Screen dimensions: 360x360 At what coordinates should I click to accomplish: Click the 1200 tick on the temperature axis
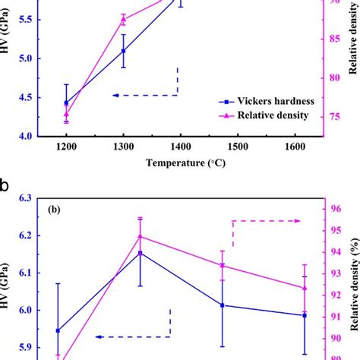click(x=66, y=147)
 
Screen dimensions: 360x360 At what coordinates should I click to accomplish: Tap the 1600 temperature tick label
click(x=295, y=147)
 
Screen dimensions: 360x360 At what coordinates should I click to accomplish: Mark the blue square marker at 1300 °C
click(x=123, y=51)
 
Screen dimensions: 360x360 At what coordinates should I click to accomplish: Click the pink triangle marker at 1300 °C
click(x=123, y=20)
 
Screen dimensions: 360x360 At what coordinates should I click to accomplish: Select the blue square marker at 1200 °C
click(x=66, y=103)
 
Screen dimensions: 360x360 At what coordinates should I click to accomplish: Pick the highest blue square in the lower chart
click(x=140, y=253)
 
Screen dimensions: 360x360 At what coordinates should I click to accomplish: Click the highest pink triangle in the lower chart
click(x=140, y=236)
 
